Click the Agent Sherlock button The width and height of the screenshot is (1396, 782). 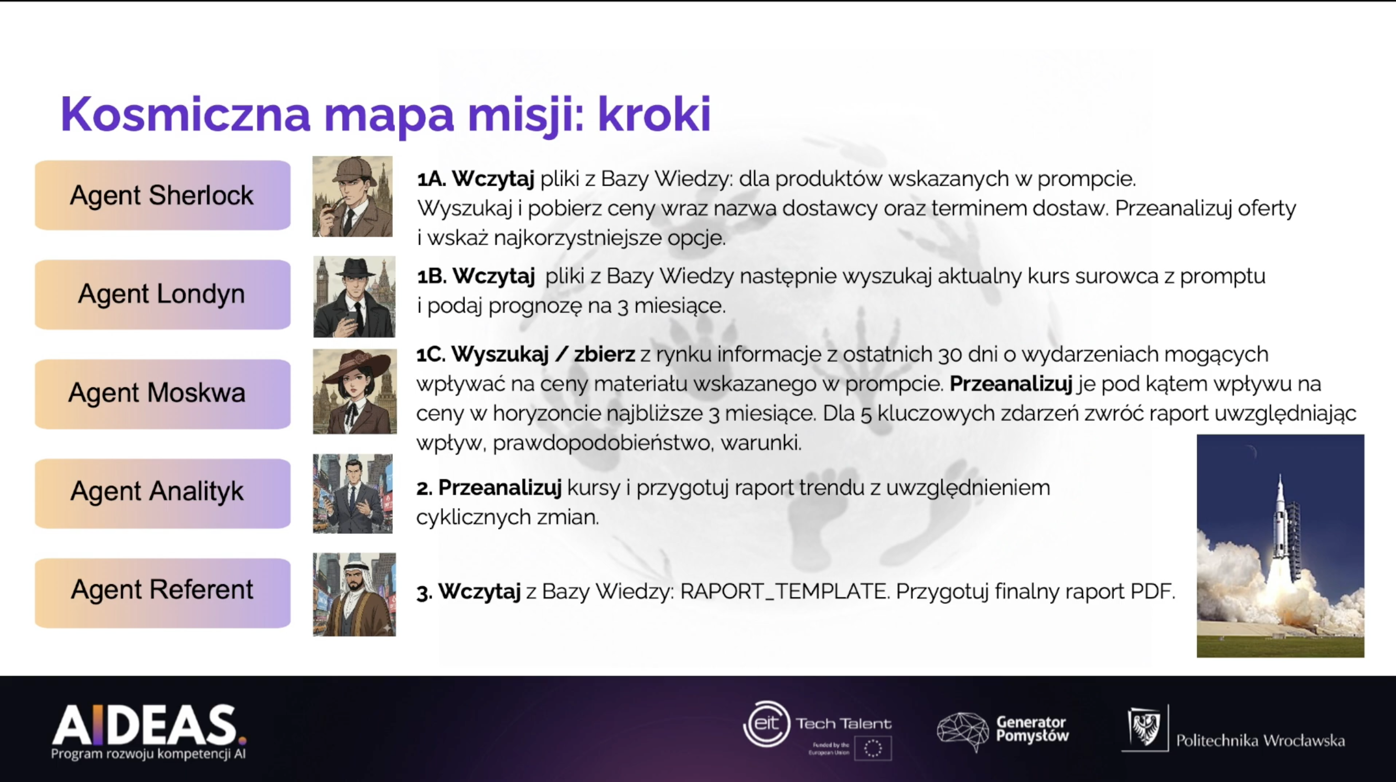163,195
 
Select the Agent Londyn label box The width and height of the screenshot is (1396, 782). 163,294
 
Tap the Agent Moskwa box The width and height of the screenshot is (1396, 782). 163,394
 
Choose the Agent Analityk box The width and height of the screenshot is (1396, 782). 163,493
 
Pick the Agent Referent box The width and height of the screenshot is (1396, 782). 163,593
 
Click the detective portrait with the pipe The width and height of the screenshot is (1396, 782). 352,196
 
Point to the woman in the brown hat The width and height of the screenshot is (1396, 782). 355,391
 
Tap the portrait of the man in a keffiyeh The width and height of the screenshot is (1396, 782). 355,594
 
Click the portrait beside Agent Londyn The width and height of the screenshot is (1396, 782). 355,297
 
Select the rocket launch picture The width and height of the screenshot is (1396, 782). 1281,545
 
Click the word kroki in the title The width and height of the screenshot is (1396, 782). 654,114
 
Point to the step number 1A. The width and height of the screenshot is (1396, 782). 432,179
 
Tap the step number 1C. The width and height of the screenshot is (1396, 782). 431,355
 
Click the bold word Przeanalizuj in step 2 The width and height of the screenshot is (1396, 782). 500,488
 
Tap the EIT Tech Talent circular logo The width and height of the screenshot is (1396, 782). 767,724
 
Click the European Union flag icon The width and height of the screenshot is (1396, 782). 873,748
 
